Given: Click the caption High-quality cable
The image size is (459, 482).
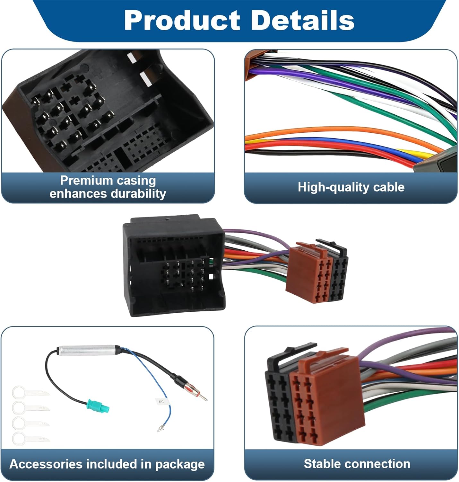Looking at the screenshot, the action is tap(351, 187).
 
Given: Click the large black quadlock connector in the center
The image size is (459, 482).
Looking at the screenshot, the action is tap(173, 265).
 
